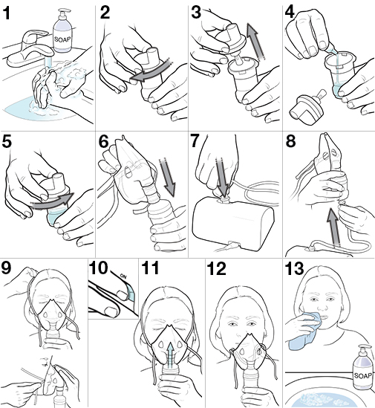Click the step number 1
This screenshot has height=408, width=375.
(x=10, y=13)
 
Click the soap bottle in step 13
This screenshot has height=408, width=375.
(x=362, y=369)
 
